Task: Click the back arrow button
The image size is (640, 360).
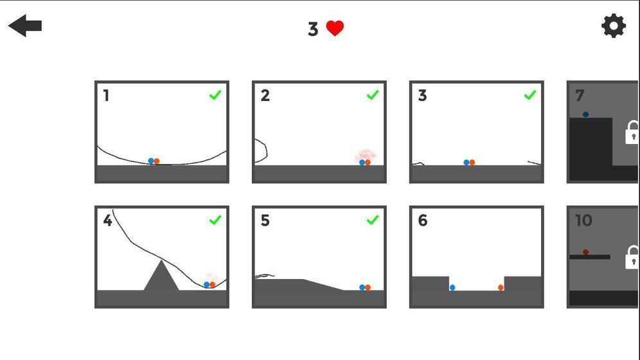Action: [x=25, y=26]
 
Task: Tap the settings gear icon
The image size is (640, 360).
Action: [x=614, y=26]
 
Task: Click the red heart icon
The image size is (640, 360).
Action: [x=335, y=28]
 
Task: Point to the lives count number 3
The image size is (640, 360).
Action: [x=313, y=30]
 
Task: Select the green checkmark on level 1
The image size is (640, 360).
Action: [x=215, y=95]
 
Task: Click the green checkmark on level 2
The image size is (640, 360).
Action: [x=373, y=95]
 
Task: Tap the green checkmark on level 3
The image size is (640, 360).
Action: [x=529, y=95]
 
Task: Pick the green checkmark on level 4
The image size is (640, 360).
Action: [x=215, y=220]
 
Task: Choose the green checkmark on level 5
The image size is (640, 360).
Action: [x=373, y=220]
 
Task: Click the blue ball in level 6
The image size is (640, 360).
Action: [x=452, y=288]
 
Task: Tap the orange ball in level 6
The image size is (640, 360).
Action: [x=501, y=288]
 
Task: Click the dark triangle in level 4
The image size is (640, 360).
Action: [x=161, y=278]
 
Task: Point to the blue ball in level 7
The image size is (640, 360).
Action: [x=586, y=114]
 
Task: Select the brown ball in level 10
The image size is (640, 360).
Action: [x=586, y=252]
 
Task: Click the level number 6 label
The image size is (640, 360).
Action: [x=422, y=221]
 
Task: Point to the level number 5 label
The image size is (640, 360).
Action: [x=265, y=221]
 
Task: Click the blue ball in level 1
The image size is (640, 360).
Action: [x=151, y=161]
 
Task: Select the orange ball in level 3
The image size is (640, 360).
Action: [x=472, y=163]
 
